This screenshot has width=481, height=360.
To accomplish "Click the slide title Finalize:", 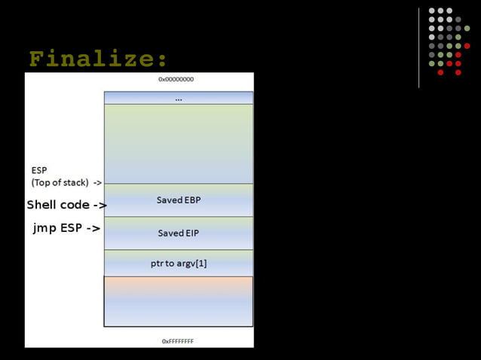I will pos(98,59).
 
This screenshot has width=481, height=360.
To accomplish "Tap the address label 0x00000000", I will pos(178,79).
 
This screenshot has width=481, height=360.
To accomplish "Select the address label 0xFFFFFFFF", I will pos(178,340).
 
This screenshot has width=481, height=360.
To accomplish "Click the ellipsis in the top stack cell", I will pos(178,98).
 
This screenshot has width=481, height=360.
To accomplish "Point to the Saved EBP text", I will pos(179,200).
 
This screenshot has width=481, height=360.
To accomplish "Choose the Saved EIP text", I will pos(179,233).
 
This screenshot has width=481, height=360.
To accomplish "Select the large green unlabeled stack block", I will pos(179,143).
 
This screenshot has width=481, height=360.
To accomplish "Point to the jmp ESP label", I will pos(58,227).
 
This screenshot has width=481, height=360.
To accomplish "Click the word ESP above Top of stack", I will pos(38,170).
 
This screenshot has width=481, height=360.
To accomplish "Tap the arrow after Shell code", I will pos(100,205).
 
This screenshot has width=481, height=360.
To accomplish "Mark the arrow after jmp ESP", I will pos(93,227).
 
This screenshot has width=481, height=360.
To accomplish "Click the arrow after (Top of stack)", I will pos(97,182).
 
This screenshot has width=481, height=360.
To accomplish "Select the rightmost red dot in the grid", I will pos(467,46).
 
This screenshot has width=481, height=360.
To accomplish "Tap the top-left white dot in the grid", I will pos(432,11).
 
